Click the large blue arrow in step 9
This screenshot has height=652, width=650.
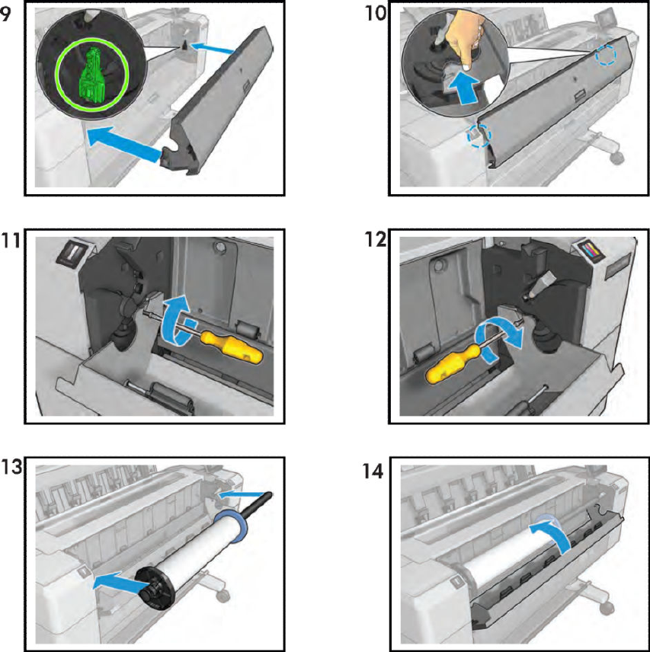pos(126,145)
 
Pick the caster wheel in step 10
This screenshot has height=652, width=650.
pos(616,157)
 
